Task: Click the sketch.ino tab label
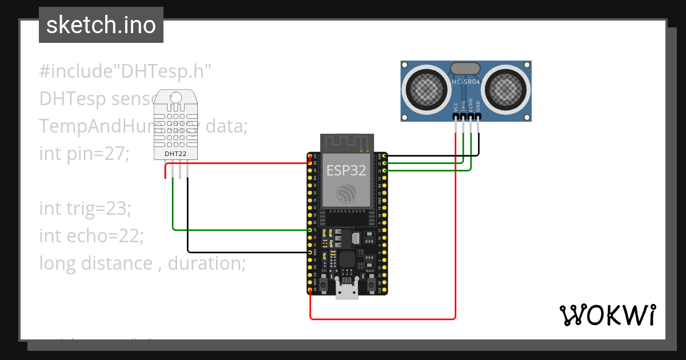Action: pos(101,25)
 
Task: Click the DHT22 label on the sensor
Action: pos(176,153)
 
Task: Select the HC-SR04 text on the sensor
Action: pos(466,82)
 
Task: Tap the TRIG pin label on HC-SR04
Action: pos(463,106)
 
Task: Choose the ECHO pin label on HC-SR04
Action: pos(470,106)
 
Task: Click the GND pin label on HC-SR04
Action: pos(478,106)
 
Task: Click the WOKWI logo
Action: pos(607,314)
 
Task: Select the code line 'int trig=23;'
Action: pos(85,209)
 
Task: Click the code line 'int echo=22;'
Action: pos(91,235)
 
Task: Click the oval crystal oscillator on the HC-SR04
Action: pos(466,69)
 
